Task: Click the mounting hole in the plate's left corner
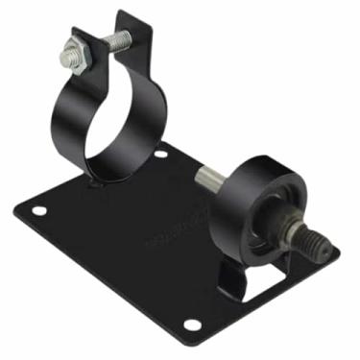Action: pyautogui.click(x=40, y=210)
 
